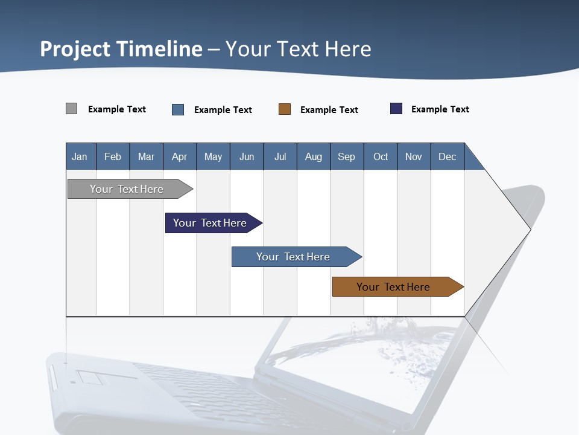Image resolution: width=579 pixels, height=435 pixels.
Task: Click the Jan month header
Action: pos(80,156)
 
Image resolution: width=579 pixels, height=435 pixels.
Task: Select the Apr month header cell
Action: pos(180,156)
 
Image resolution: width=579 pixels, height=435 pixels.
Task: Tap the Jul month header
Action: pos(280,156)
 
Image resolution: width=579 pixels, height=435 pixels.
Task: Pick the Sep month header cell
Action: pos(346,156)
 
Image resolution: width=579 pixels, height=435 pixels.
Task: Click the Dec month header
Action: pos(447,156)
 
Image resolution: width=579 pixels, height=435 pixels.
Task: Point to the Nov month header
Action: pos(413,156)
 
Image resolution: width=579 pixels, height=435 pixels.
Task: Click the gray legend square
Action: pos(72,109)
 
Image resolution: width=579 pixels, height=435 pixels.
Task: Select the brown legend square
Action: pos(285,109)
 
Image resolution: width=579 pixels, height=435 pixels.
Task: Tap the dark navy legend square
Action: pos(396,109)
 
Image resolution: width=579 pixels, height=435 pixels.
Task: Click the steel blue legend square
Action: pos(178,109)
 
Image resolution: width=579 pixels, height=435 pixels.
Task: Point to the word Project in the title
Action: pos(75,49)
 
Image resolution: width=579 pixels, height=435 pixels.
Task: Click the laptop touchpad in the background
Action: pos(90,378)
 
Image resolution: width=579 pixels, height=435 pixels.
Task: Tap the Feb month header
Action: pos(113,156)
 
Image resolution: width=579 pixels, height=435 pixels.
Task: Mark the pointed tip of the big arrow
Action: pos(530,229)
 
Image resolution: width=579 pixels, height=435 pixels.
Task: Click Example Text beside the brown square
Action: pos(329,110)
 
